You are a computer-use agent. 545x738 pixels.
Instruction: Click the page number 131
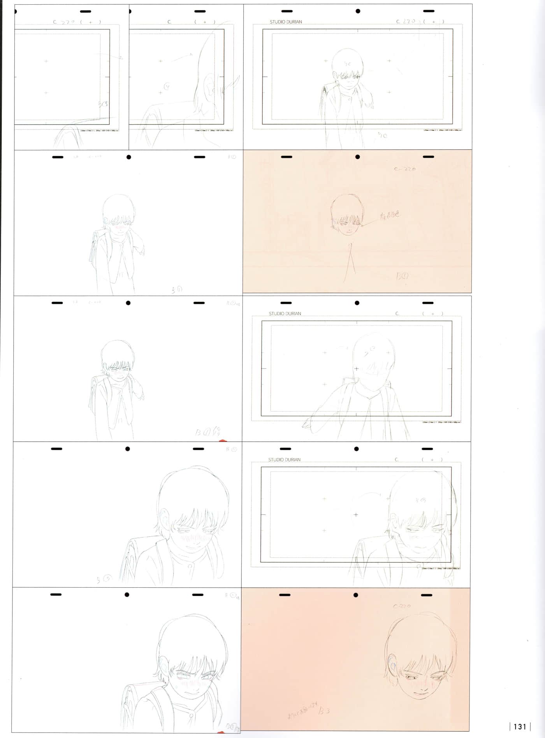click(x=520, y=727)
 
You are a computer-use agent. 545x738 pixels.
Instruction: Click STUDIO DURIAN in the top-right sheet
click(x=286, y=22)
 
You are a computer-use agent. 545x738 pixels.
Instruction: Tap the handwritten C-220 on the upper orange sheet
click(x=405, y=169)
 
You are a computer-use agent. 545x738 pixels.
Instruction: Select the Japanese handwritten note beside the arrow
click(x=390, y=215)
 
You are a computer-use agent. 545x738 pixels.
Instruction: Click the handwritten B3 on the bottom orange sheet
click(x=324, y=711)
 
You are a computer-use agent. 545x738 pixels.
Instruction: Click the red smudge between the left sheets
click(x=223, y=441)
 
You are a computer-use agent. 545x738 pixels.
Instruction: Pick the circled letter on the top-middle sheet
click(x=167, y=86)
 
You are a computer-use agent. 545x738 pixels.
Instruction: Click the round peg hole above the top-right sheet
click(x=358, y=11)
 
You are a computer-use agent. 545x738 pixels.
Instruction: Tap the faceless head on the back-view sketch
click(x=373, y=354)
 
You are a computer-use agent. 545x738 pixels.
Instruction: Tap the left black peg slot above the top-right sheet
click(x=287, y=11)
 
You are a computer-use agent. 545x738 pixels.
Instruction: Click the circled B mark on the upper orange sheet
click(x=403, y=276)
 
